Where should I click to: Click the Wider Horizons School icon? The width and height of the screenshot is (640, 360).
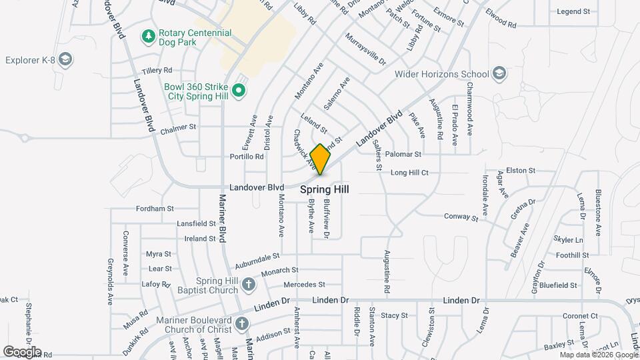pyautogui.click(x=499, y=74)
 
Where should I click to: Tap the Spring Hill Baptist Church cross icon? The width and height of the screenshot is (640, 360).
pyautogui.click(x=248, y=285)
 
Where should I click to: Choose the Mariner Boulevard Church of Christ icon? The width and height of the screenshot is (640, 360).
pyautogui.click(x=241, y=325)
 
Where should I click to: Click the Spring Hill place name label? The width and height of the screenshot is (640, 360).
pyautogui.click(x=325, y=189)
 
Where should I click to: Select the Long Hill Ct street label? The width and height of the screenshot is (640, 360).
pyautogui.click(x=409, y=173)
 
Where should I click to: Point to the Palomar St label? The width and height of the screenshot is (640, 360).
pyautogui.click(x=404, y=154)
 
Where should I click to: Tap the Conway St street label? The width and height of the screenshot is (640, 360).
pyautogui.click(x=461, y=217)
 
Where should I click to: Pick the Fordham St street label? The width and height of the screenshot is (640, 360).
pyautogui.click(x=154, y=209)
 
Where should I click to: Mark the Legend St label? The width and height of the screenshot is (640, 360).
pyautogui.click(x=573, y=11)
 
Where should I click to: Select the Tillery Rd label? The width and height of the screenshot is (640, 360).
pyautogui.click(x=157, y=70)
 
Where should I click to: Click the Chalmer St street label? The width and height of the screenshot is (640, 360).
pyautogui.click(x=178, y=127)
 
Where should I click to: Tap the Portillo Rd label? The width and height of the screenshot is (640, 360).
pyautogui.click(x=247, y=157)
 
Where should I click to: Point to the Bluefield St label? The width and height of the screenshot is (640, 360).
pyautogui.click(x=558, y=285)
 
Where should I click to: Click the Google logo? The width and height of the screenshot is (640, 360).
pyautogui.click(x=22, y=351)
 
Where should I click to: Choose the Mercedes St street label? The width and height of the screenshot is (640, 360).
pyautogui.click(x=304, y=285)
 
